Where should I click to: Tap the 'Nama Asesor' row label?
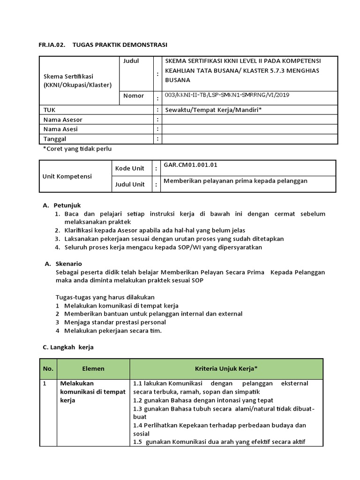click(63, 120)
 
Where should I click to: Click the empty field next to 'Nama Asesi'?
click(249, 129)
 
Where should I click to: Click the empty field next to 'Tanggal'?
click(249, 139)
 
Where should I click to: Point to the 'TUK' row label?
click(49, 110)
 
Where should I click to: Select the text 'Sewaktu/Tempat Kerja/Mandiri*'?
click(213, 110)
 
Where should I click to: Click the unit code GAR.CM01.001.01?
click(190, 165)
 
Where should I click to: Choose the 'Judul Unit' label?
click(130, 184)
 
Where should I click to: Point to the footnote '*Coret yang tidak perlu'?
click(77, 149)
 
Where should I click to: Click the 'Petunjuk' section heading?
click(67, 205)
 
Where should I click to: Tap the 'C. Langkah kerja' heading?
click(68, 347)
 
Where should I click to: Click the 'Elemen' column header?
click(93, 369)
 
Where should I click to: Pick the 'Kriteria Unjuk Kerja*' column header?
click(226, 369)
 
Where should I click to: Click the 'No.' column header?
click(48, 369)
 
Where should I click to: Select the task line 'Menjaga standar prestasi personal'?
click(115, 322)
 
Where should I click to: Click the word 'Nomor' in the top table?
click(134, 96)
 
